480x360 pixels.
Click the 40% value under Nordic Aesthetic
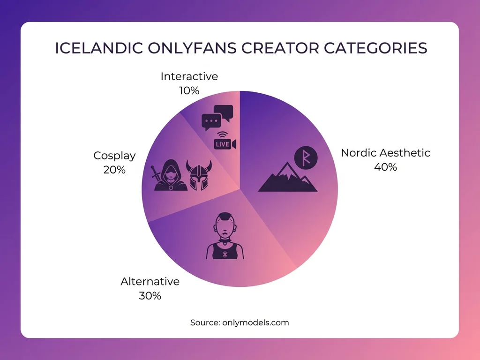coord(385,167)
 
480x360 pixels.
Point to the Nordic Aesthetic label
coord(385,153)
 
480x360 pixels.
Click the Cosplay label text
coord(114,156)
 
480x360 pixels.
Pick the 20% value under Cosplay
coord(114,170)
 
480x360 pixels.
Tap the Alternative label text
coord(150,282)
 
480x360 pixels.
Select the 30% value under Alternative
coord(150,296)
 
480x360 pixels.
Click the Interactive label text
coord(189,76)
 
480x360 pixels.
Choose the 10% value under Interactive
coord(189,90)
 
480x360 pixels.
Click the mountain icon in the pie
coord(287,180)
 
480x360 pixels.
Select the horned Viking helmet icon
coord(199,175)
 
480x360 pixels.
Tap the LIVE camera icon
coord(225,144)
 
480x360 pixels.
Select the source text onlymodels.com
coord(255,322)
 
